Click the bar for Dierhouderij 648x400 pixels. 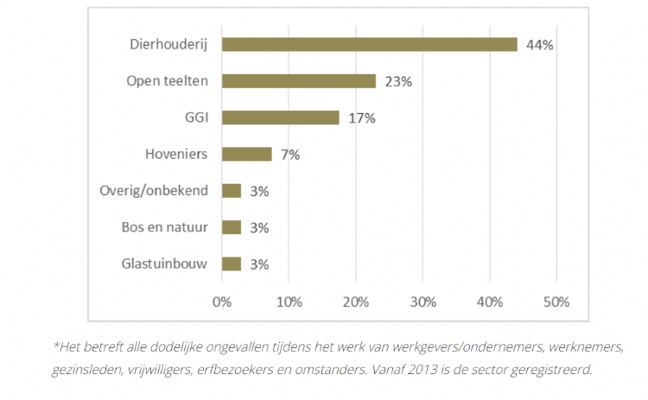pyautogui.click(x=370, y=44)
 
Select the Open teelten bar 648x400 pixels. pyautogui.click(x=299, y=81)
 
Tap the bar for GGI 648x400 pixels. pyautogui.click(x=281, y=117)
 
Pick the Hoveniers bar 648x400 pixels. pyautogui.click(x=247, y=154)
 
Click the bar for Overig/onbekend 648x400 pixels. pyautogui.click(x=232, y=191)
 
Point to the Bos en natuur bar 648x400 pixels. pyautogui.click(x=232, y=227)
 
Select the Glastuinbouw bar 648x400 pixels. pyautogui.click(x=232, y=263)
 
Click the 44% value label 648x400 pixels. pyautogui.click(x=539, y=45)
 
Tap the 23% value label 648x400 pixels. pyautogui.click(x=398, y=81)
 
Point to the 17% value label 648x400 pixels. pyautogui.click(x=362, y=118)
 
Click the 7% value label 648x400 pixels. pyautogui.click(x=289, y=155)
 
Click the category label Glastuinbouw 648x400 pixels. pyautogui.click(x=163, y=263)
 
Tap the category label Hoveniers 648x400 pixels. pyautogui.click(x=177, y=155)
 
